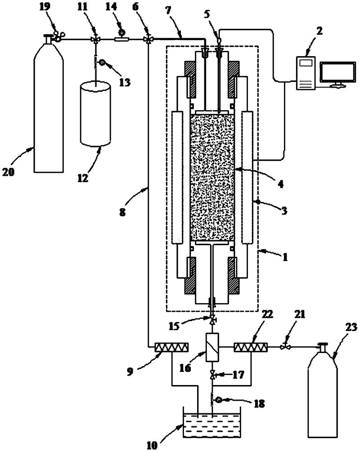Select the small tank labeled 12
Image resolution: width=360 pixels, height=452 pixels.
pos(95,114)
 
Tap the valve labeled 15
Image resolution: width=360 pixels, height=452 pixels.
pos(212,320)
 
